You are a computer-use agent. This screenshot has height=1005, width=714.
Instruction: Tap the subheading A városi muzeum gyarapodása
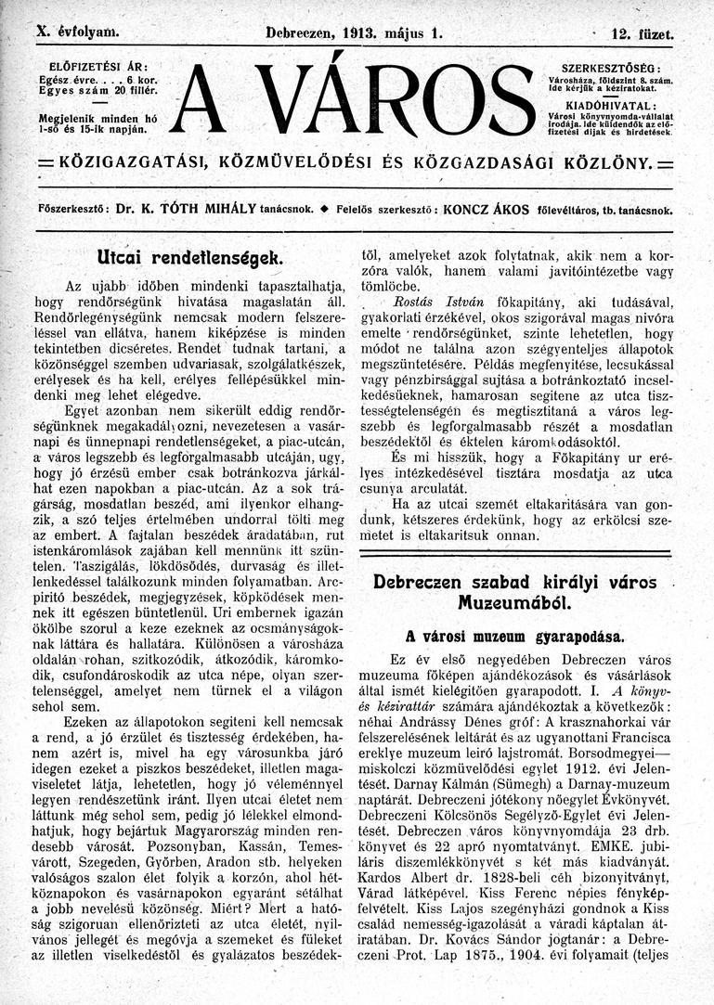[515, 638]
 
